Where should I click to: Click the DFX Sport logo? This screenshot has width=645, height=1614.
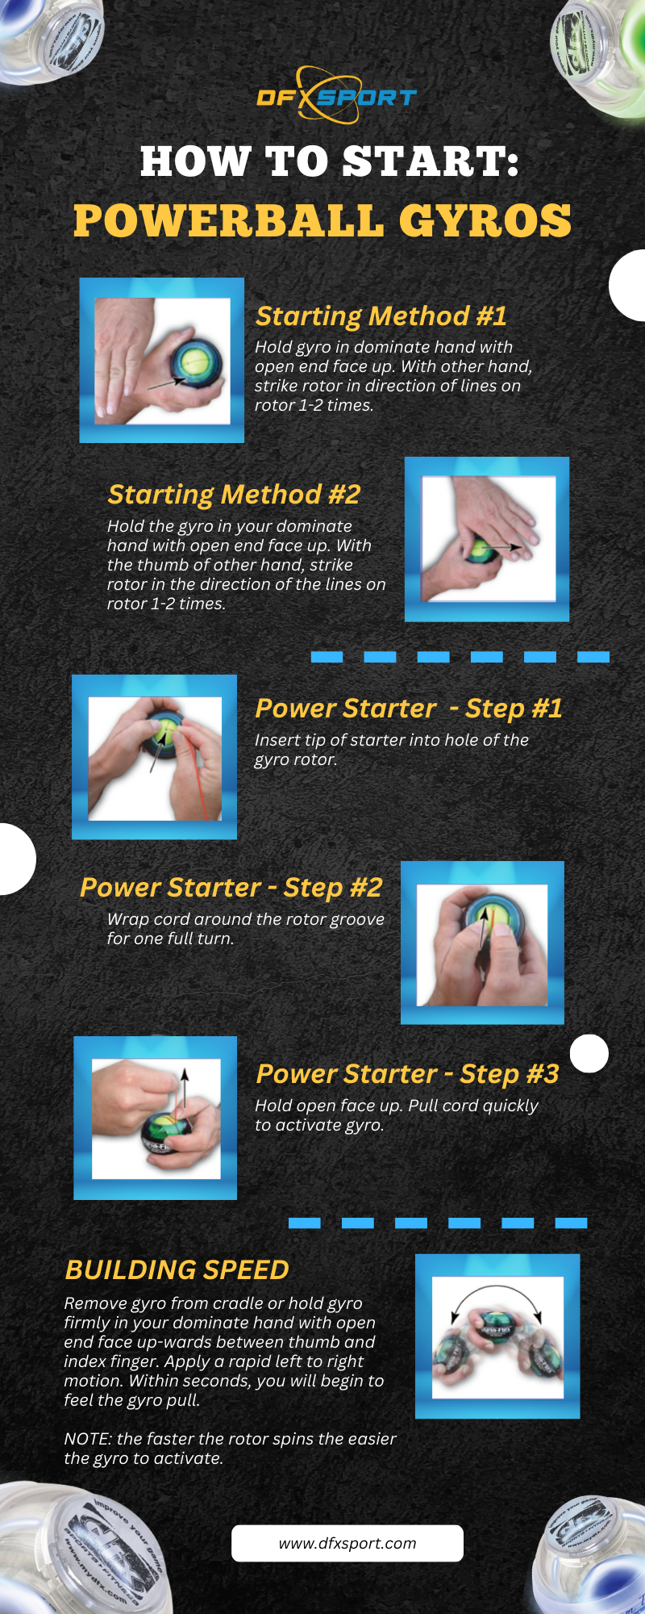click(336, 96)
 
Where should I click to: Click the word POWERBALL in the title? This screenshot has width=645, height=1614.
click(228, 221)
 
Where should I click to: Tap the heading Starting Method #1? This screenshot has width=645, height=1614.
click(381, 316)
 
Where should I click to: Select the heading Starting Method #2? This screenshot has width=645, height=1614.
click(234, 494)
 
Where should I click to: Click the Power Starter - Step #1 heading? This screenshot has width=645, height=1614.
click(408, 709)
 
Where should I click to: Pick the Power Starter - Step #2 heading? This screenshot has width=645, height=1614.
click(231, 888)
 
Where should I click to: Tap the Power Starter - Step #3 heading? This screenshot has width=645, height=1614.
click(406, 1074)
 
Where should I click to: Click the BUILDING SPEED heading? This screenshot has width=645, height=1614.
click(177, 1269)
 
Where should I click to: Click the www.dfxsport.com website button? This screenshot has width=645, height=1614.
click(347, 1543)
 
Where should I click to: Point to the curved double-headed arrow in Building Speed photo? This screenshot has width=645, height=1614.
click(496, 1297)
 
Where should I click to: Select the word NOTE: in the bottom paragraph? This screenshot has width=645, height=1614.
click(88, 1439)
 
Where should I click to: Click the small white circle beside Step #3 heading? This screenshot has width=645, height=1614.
click(589, 1053)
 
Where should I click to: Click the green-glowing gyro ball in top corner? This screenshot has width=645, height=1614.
click(597, 48)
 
